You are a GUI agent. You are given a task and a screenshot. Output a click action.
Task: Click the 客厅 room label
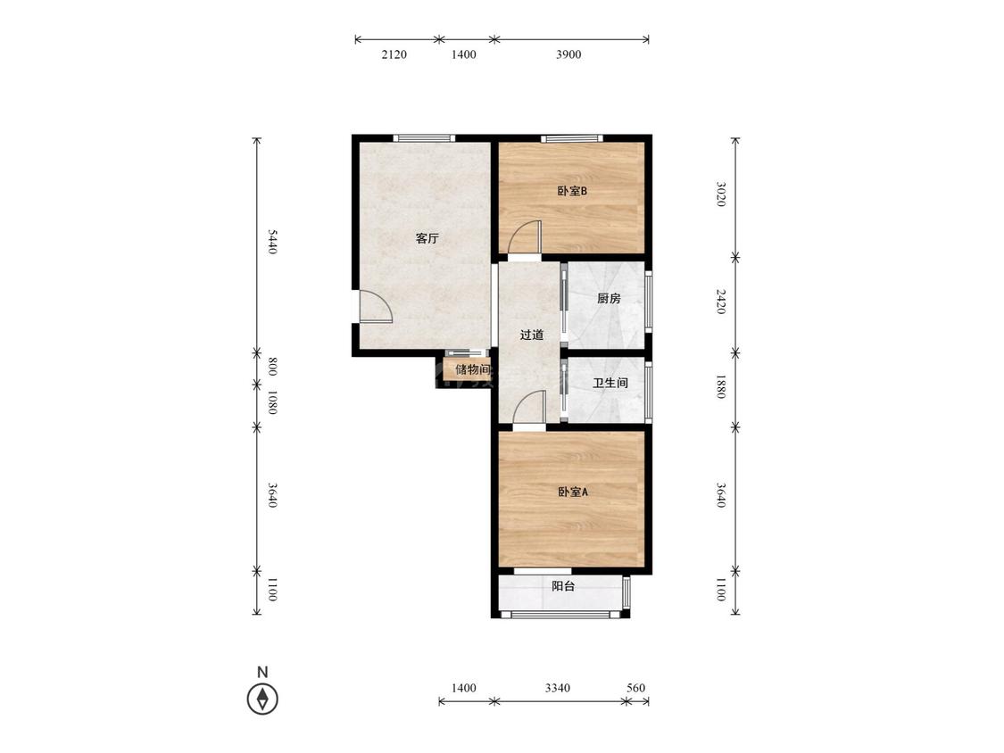(x=427, y=239)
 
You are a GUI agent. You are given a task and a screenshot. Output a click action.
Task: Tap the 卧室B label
(x=572, y=191)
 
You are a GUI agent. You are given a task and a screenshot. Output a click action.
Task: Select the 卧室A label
(x=572, y=492)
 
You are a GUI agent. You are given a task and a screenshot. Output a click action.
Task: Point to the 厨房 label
(x=609, y=298)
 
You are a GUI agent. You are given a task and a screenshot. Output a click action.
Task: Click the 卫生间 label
(x=610, y=383)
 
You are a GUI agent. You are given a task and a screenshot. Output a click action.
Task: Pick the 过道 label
(x=532, y=335)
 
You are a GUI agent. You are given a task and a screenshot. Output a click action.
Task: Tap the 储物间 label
(x=472, y=369)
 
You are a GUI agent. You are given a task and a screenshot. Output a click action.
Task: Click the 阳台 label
(x=563, y=586)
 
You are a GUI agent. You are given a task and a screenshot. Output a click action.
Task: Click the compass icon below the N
(x=262, y=699)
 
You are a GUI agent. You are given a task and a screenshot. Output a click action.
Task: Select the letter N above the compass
(x=262, y=673)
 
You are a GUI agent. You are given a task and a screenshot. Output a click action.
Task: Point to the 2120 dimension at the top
(x=394, y=54)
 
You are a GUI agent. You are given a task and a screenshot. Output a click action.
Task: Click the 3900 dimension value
(x=568, y=54)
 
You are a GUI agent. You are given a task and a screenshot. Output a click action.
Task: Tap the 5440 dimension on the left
(x=272, y=242)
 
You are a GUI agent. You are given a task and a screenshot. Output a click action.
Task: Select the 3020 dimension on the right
(x=720, y=194)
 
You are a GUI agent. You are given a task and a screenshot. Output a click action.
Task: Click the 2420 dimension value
(x=720, y=302)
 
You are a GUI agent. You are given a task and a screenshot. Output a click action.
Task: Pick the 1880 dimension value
(x=720, y=386)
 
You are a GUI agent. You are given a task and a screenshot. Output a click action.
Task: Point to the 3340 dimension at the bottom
(x=558, y=689)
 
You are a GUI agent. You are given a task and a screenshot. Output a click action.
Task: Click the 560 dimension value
(x=635, y=689)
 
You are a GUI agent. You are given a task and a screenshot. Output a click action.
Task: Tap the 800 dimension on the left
(x=272, y=367)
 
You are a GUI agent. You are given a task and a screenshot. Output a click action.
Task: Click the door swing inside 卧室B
(x=525, y=237)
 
